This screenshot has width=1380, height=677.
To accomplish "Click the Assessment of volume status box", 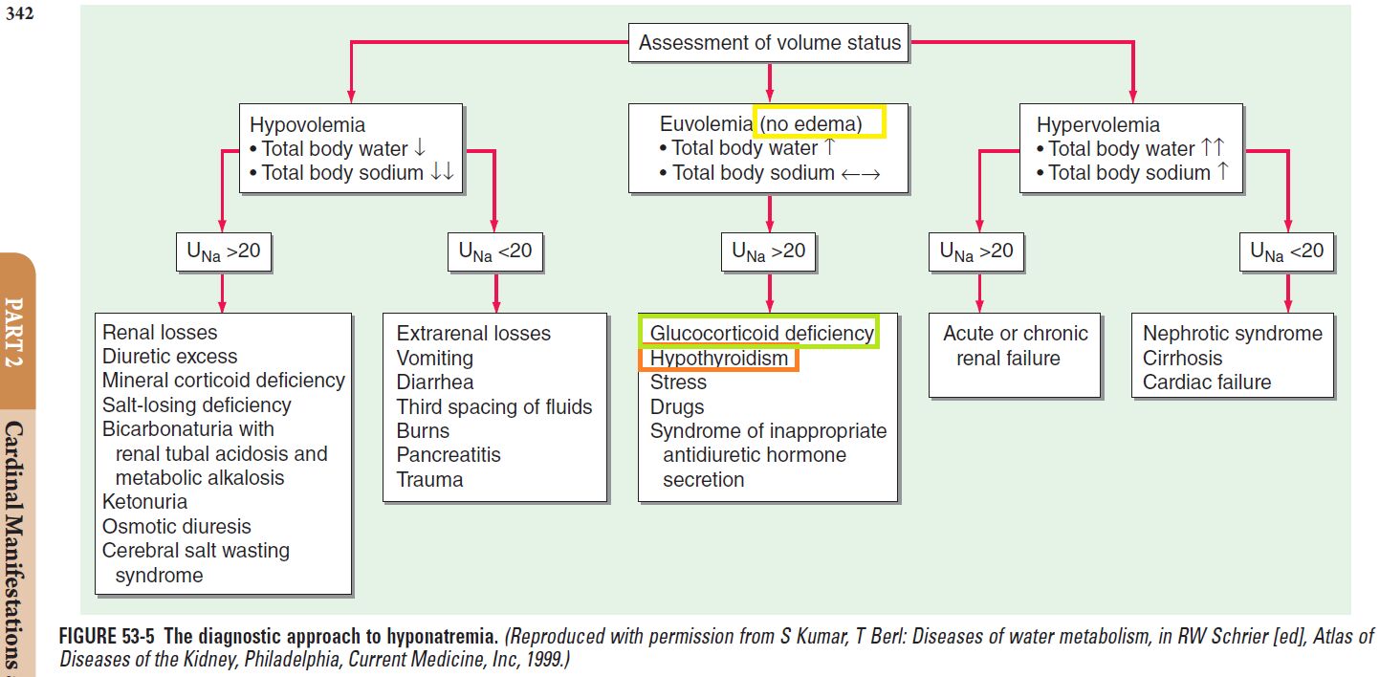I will click(x=769, y=43).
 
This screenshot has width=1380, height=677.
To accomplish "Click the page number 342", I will click(x=20, y=14).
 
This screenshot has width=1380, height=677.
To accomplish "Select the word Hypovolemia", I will click(x=307, y=124).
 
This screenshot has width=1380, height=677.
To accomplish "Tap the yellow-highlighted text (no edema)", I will click(x=819, y=122).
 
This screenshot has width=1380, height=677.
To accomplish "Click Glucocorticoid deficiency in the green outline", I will click(x=761, y=333).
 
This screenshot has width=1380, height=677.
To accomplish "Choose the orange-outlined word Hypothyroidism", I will click(x=718, y=358).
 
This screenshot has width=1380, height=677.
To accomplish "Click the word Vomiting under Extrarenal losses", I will click(x=434, y=358).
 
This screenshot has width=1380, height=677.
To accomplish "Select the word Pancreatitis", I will click(x=449, y=455).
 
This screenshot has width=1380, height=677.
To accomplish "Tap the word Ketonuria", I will click(x=144, y=502).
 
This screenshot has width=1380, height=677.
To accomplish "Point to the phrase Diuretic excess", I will click(x=169, y=357).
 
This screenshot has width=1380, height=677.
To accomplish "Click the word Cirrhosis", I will click(x=1182, y=358).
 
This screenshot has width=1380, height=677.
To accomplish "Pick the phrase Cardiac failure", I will click(x=1207, y=382).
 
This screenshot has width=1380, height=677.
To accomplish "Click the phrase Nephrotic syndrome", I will click(x=1232, y=333).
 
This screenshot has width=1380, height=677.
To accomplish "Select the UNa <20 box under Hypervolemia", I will click(x=1286, y=251).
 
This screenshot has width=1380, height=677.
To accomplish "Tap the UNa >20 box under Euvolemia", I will click(x=768, y=251).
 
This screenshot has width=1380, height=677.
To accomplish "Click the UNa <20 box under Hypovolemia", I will click(x=494, y=251).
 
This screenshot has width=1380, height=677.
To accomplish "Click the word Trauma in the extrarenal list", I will click(x=429, y=480).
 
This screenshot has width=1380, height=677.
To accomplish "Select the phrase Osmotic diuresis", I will click(x=176, y=527).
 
